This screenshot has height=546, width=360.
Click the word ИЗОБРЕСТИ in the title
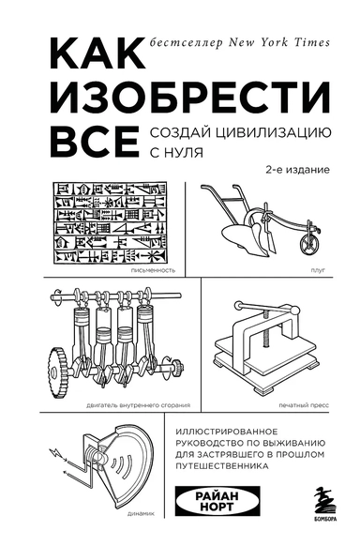point(135,99)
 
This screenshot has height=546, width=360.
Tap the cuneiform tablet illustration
point(105,221)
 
